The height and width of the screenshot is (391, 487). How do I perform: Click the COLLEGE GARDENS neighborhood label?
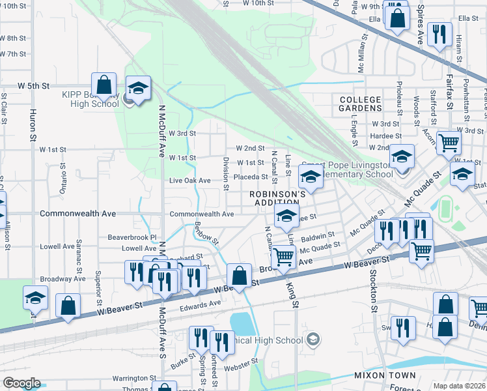pyautogui.click(x=360, y=103)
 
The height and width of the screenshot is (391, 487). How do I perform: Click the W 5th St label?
pyautogui.click(x=34, y=85)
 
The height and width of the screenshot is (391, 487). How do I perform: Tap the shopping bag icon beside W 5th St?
pyautogui.click(x=104, y=85)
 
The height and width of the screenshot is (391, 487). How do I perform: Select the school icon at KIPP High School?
pyautogui.click(x=138, y=89)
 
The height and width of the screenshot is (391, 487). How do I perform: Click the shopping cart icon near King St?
pyautogui.click(x=283, y=257)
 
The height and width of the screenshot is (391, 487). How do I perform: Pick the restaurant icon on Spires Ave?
pyautogui.click(x=439, y=34)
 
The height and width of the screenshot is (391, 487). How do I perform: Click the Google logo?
pyautogui.click(x=21, y=383)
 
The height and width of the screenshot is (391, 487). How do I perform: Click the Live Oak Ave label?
pyautogui.click(x=189, y=181)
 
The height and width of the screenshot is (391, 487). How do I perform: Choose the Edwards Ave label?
pyautogui.click(x=201, y=304)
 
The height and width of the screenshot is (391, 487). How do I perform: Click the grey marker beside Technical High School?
pyautogui.click(x=313, y=339)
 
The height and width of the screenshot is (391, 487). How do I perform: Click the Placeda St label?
pyautogui.click(x=251, y=177)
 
